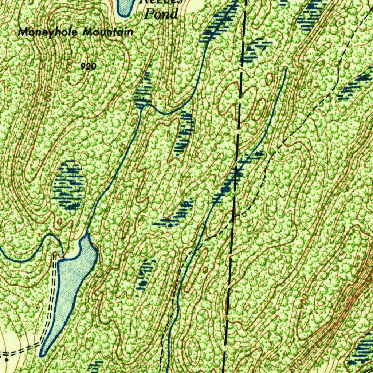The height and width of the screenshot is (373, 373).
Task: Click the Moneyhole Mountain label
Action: coord(76,32)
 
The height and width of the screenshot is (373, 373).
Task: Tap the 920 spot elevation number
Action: coord(89,66)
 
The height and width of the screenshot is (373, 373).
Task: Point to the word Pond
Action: coord(161,14)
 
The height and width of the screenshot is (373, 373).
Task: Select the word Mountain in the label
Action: coord(108,32)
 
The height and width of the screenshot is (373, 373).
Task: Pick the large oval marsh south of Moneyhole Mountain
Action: coord(69,185)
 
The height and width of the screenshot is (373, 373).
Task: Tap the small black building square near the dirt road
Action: coord(7,360)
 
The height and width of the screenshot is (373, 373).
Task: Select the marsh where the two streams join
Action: coord(143,95)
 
